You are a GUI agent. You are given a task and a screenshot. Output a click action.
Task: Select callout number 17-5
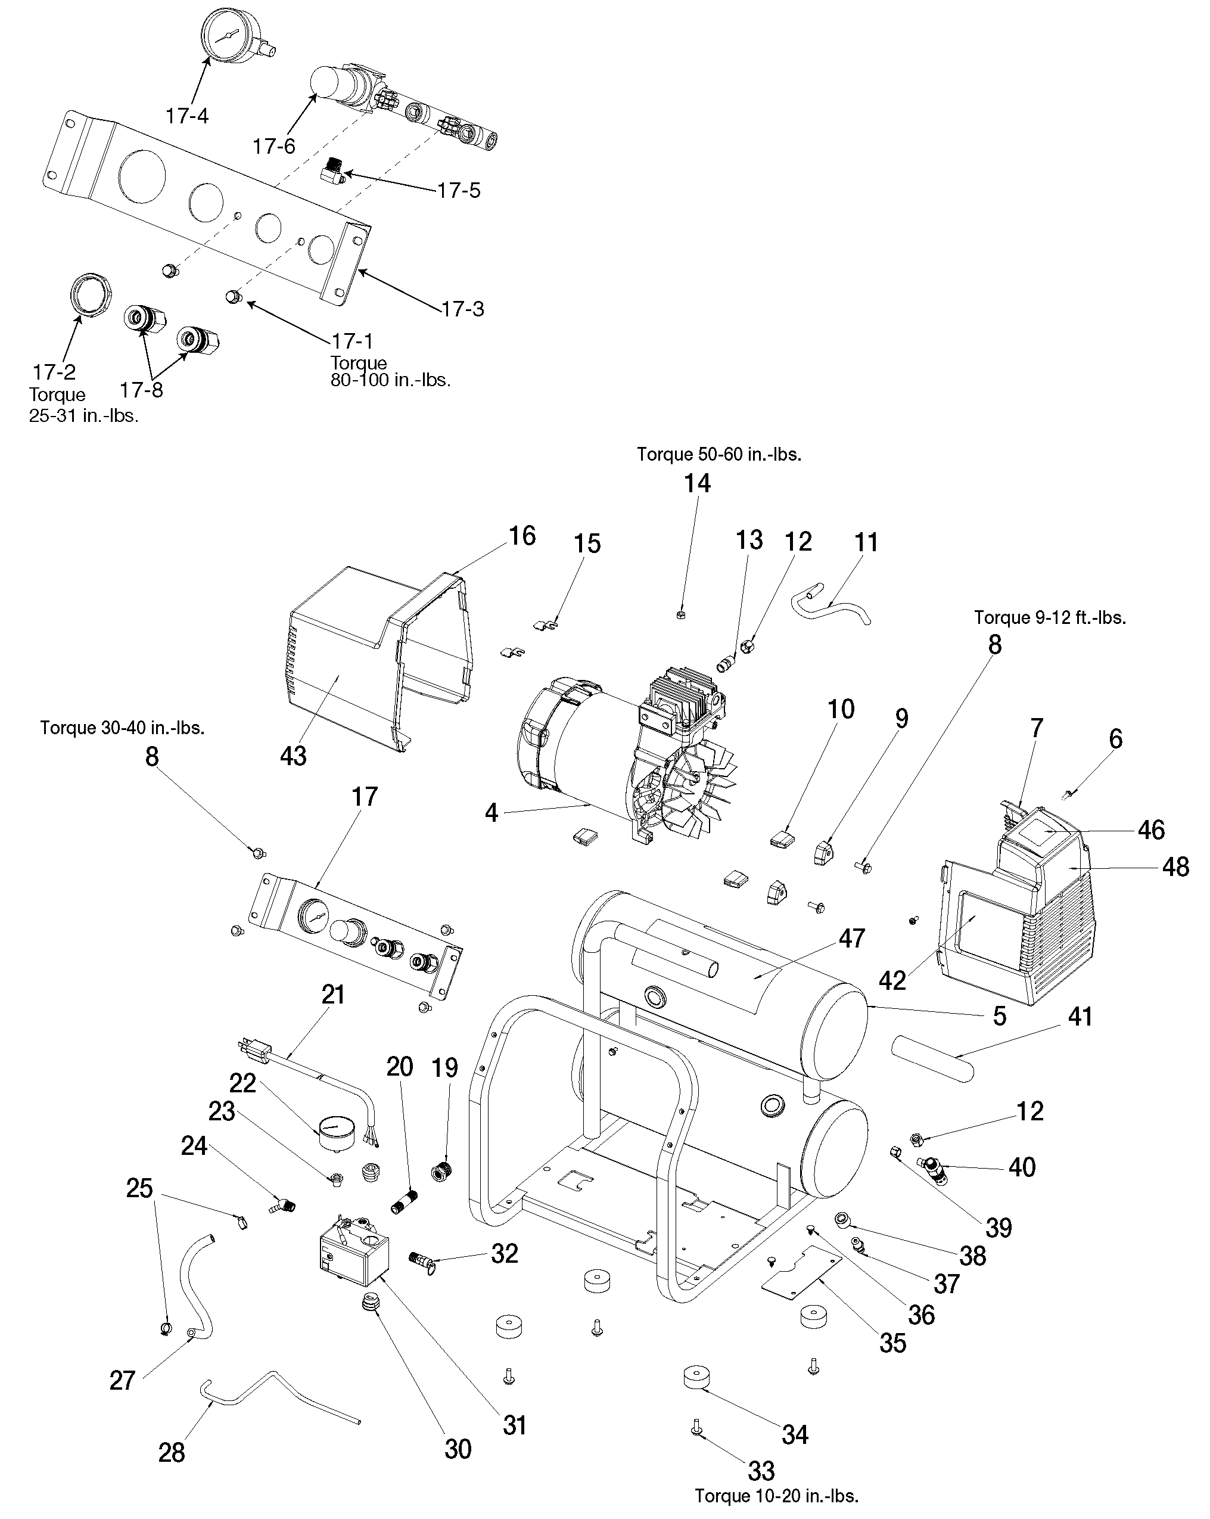pos(459,190)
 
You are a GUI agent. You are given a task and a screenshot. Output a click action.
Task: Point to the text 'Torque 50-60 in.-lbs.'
pos(718,455)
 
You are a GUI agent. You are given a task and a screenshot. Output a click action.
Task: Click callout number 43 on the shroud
pos(293,756)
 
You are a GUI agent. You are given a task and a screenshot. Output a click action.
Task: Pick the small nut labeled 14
pos(680,615)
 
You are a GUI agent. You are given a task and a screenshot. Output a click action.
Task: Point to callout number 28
pos(171,1452)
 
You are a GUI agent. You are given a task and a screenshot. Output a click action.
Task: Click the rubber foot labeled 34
pos(696,1377)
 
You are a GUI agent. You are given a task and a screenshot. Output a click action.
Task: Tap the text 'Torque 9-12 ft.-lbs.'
pos(1049,618)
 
